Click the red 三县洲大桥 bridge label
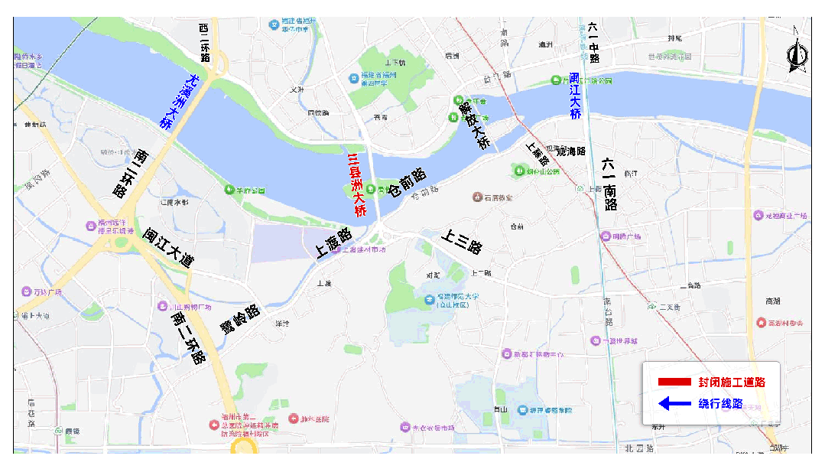(356, 185)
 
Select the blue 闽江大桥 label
(575, 96)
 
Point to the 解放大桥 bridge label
(473, 125)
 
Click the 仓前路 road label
(408, 181)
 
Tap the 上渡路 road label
(333, 243)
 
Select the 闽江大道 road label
(169, 248)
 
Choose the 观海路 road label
(570, 151)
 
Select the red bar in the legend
(674, 382)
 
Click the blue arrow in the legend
(674, 403)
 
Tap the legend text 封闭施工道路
(731, 382)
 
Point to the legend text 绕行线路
(720, 403)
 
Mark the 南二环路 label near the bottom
(188, 337)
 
